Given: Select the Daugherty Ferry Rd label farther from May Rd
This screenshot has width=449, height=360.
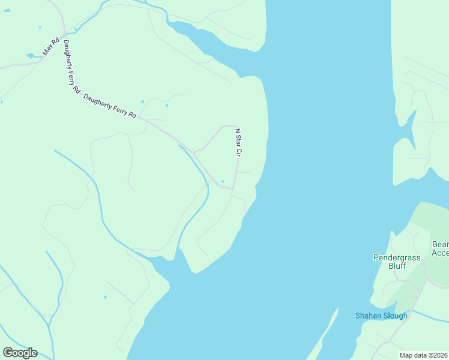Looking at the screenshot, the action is [110, 106].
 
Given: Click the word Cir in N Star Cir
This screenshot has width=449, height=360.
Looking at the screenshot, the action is [238, 152].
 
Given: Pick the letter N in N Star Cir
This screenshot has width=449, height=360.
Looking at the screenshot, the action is [237, 130].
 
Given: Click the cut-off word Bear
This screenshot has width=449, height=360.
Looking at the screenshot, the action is [440, 245].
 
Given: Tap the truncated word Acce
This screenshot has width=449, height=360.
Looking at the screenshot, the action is [440, 253].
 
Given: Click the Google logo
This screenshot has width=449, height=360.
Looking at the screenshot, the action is [20, 353].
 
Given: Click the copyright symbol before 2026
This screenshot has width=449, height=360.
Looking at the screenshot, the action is [432, 355].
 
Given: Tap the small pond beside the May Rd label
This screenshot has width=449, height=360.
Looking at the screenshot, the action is [31, 56].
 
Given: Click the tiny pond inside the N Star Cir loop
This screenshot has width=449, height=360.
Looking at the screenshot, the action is [223, 182].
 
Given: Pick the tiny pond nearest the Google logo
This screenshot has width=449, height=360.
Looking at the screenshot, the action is [105, 296].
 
